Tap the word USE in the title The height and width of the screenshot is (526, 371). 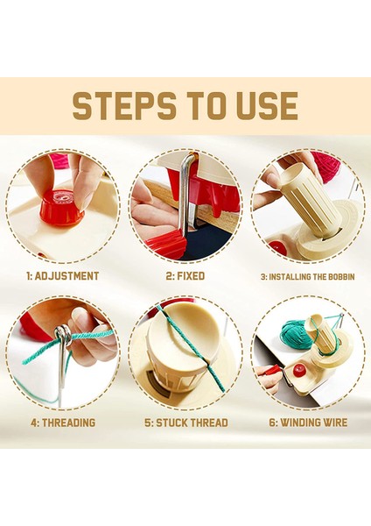coord(267,106)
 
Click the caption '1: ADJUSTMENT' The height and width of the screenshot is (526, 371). coord(63,276)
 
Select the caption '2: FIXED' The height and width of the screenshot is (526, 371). coord(185,276)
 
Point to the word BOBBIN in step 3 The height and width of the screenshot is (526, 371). coord(339,277)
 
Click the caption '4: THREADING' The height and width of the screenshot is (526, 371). coord(63,423)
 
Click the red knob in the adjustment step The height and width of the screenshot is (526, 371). coord(62,206)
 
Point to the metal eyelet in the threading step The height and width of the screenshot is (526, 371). coord(63,336)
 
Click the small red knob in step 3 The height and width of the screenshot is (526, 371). coord(278,247)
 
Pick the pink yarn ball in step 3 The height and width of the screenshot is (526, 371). coord(325,166)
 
